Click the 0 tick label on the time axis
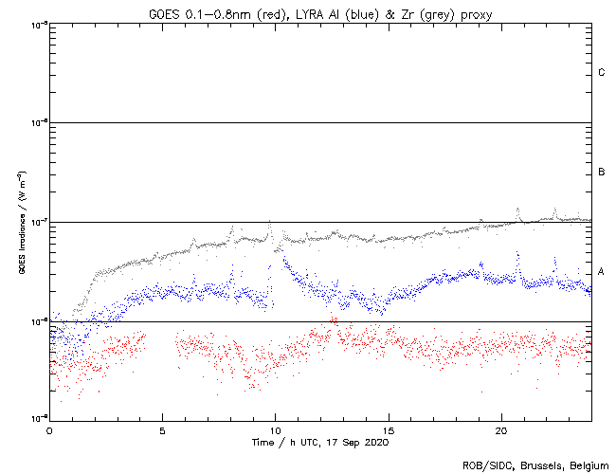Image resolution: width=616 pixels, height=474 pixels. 49,429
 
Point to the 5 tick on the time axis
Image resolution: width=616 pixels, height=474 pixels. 162,429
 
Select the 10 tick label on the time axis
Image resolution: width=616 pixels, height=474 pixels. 275,429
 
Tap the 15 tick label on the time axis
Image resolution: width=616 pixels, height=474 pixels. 389,429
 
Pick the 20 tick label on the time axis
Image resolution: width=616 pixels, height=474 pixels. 501,429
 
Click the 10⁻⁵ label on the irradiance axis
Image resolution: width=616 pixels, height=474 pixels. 38,24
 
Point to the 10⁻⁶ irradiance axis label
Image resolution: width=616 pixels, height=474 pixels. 38,122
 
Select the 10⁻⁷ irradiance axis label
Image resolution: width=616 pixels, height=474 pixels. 38,222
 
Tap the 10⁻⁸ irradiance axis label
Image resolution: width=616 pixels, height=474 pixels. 38,321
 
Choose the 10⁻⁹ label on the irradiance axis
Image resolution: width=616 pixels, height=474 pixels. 38,418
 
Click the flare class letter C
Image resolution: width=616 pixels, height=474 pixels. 602,73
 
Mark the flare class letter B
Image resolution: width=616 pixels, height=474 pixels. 602,173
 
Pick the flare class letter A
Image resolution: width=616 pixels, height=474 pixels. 602,272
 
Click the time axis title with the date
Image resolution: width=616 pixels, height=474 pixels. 319,442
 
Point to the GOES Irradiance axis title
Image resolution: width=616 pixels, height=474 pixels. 21,222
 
